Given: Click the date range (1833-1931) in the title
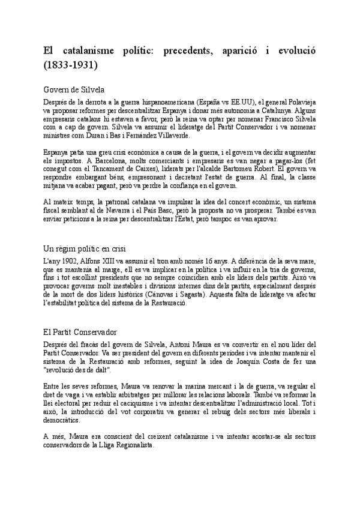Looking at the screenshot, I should (71, 62).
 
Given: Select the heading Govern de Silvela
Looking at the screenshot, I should (74, 89).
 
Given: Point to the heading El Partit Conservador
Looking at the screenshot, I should (80, 331).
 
